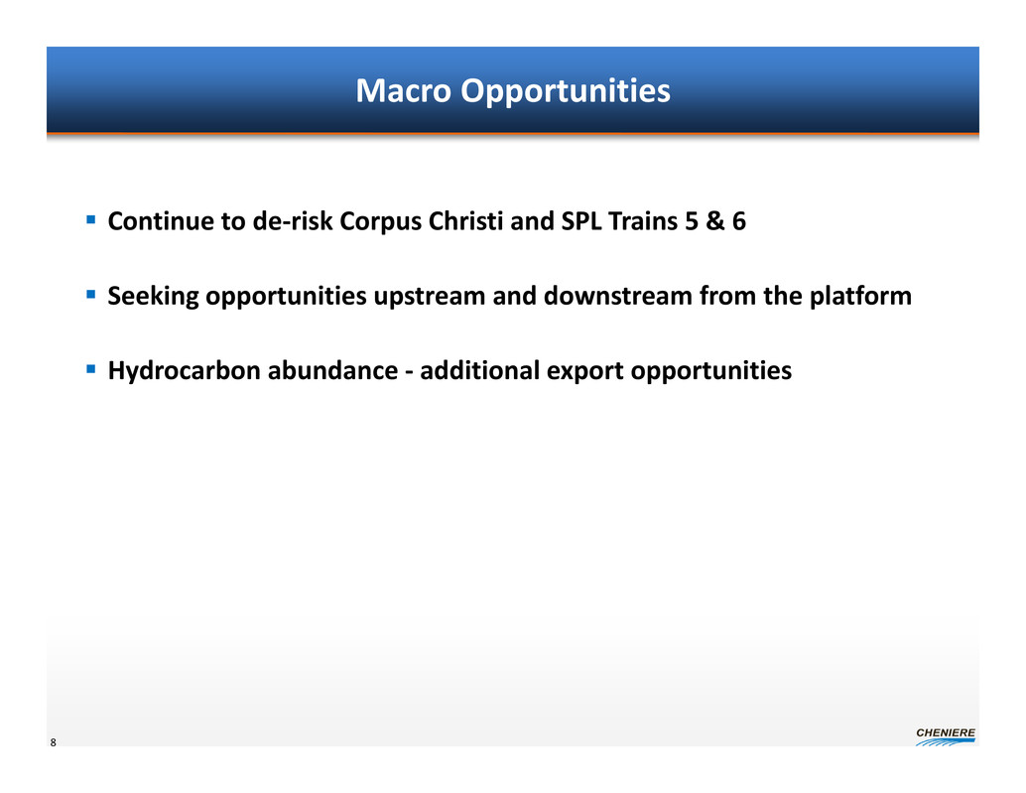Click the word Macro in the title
pos(403,90)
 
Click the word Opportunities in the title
pos(566,91)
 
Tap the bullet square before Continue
pos(91,220)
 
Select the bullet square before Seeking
pos(91,295)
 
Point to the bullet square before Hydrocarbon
pos(91,369)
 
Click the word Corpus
pos(380,222)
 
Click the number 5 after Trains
pos(692,221)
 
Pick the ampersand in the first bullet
pos(715,221)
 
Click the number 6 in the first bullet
pos(739,221)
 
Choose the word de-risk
pos(293,221)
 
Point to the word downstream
pos(618,296)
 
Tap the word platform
pos(860,297)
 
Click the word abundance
pos(333,370)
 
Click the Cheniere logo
pos(946,736)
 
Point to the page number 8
pos(53,742)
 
